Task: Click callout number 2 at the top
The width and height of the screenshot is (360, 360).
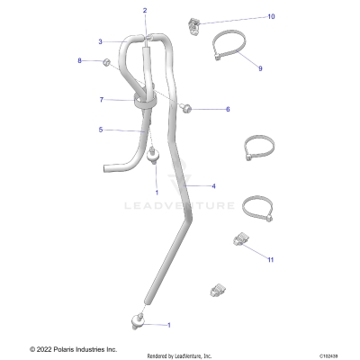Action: pos(144,10)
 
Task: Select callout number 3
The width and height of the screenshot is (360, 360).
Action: pos(101,41)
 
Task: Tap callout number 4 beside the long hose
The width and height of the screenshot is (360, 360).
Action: pos(213,186)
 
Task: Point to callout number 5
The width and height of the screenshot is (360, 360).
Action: pos(101,130)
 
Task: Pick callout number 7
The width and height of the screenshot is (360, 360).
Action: pos(102,99)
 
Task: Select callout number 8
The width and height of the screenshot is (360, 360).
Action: pos(79,60)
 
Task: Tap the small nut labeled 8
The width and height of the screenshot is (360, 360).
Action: pos(105,62)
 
